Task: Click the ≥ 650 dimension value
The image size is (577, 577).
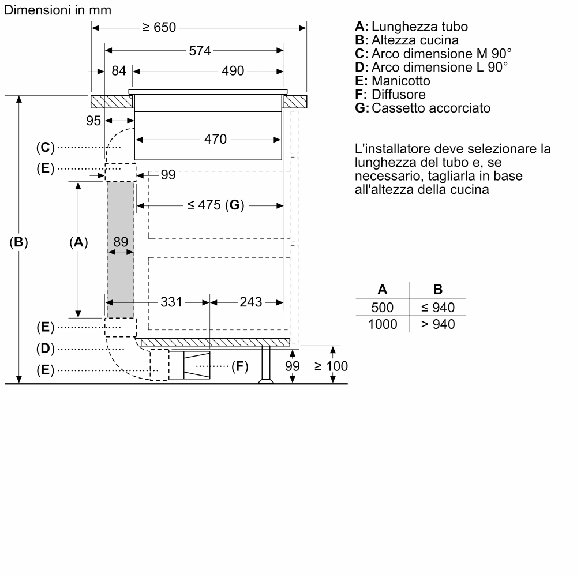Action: click(x=159, y=28)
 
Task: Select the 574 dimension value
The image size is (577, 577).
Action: click(x=200, y=50)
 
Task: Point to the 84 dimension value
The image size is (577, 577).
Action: click(x=118, y=71)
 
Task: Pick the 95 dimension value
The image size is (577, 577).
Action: click(x=93, y=121)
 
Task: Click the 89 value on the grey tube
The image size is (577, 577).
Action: click(x=120, y=242)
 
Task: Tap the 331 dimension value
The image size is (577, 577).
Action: click(x=171, y=301)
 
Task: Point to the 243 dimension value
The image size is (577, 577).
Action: click(x=251, y=301)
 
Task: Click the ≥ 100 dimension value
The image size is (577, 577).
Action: click(x=331, y=366)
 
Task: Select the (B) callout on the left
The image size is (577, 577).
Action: click(x=19, y=242)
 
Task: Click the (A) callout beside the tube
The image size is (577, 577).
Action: click(x=78, y=242)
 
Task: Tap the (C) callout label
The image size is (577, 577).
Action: click(x=44, y=148)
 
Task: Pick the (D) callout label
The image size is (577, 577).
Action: click(x=44, y=349)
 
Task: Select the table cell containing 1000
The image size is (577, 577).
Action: click(x=383, y=324)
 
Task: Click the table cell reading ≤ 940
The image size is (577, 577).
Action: click(x=437, y=307)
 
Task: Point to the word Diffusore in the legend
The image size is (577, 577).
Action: click(x=399, y=94)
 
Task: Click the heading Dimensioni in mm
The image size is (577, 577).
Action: click(x=58, y=10)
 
